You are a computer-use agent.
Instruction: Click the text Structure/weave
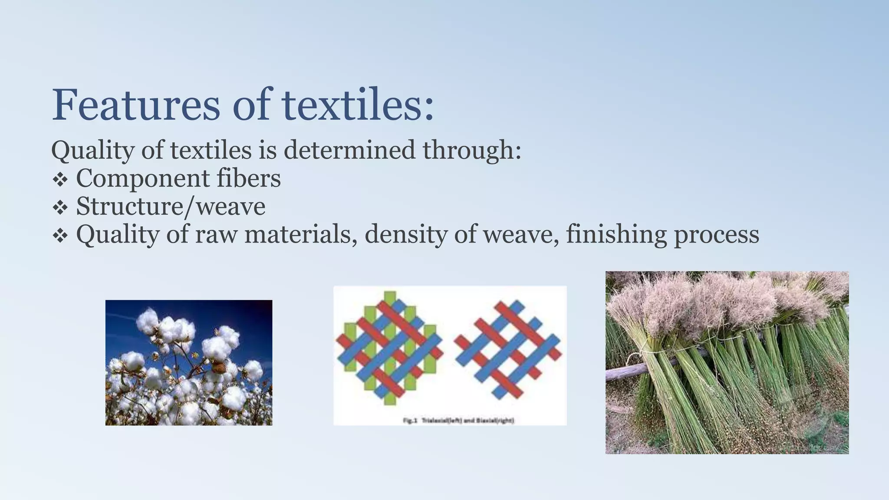pos(171,207)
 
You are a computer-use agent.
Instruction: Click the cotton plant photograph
pos(189,362)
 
